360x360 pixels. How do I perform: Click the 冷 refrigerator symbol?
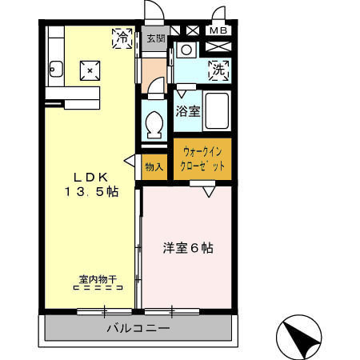[122, 37]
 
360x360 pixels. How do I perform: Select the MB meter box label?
[218, 31]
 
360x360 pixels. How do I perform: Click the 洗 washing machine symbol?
[218, 70]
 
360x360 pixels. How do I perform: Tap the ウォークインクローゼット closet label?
[203, 158]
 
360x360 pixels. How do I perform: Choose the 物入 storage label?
[154, 168]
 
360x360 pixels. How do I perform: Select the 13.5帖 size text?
[90, 192]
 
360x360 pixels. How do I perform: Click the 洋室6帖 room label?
[188, 248]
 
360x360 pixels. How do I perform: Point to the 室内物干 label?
[98, 280]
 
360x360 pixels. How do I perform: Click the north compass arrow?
[300, 338]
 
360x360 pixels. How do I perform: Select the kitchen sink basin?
[55, 67]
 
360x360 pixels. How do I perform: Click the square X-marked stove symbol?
[90, 70]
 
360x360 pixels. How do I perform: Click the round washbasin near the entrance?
[186, 50]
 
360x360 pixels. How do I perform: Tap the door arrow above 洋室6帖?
[209, 192]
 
